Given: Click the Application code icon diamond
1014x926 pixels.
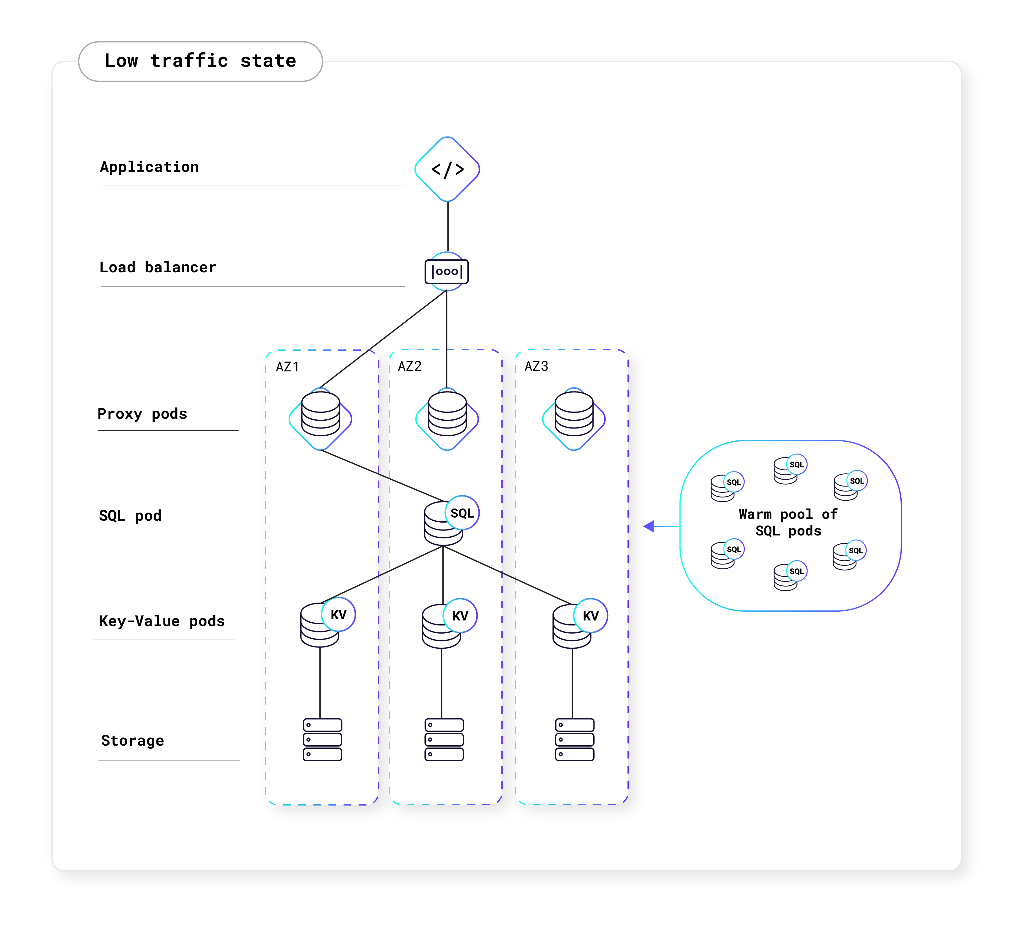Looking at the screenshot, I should coord(447,169).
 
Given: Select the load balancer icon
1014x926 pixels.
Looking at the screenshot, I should coord(447,272).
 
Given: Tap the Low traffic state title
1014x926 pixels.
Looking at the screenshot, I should coord(200,61).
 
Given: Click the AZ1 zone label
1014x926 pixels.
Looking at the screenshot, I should coord(287,367).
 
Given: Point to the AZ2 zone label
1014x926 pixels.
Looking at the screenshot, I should coord(409,366).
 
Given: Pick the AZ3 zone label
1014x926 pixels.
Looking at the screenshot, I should coord(536,366).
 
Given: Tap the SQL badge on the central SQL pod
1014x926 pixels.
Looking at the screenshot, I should coord(462,513).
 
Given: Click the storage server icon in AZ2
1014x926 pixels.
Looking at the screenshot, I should coord(444,739).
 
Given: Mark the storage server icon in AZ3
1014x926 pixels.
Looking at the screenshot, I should coord(574,739).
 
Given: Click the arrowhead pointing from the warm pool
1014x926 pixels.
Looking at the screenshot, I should coord(649,526).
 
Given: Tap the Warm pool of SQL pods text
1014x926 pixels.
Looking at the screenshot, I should coord(788,522).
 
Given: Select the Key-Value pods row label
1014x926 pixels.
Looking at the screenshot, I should coord(162,621).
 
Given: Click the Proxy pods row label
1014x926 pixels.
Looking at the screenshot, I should coord(142,414).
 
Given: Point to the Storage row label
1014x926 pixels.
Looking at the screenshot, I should coord(132,740).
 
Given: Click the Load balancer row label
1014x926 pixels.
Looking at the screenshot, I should coord(158,267).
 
